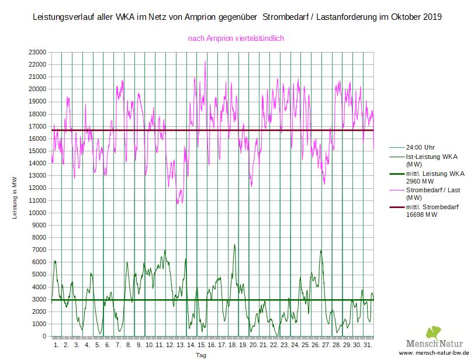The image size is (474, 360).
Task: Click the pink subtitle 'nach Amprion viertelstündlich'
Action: pos(236,39)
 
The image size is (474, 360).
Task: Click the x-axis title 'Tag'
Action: pos(200,355)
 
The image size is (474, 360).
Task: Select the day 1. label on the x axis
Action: pos(57,345)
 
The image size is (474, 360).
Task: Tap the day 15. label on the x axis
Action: pos(201,345)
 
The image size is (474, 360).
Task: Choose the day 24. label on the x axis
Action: pos(295,345)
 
